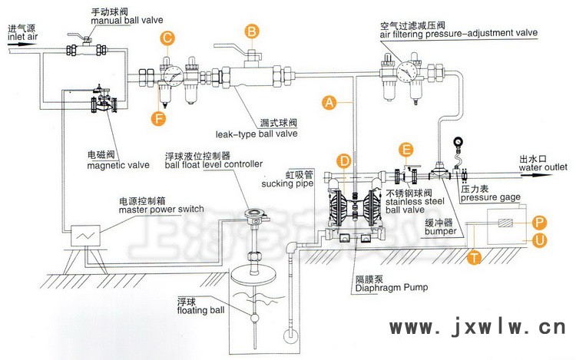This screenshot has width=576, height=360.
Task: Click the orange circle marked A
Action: point(329,101)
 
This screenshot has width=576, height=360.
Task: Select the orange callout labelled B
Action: point(251,31)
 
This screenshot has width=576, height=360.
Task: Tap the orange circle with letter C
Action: point(167,36)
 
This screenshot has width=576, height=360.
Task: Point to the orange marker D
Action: point(346,160)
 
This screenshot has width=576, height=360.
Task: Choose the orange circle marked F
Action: point(158,118)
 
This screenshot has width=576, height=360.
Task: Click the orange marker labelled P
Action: point(539,222)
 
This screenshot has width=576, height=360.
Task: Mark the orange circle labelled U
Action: point(539,240)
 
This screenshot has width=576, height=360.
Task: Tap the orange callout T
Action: point(476,259)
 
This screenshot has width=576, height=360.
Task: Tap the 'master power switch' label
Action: point(161,210)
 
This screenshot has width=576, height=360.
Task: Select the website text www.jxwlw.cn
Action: point(478,331)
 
